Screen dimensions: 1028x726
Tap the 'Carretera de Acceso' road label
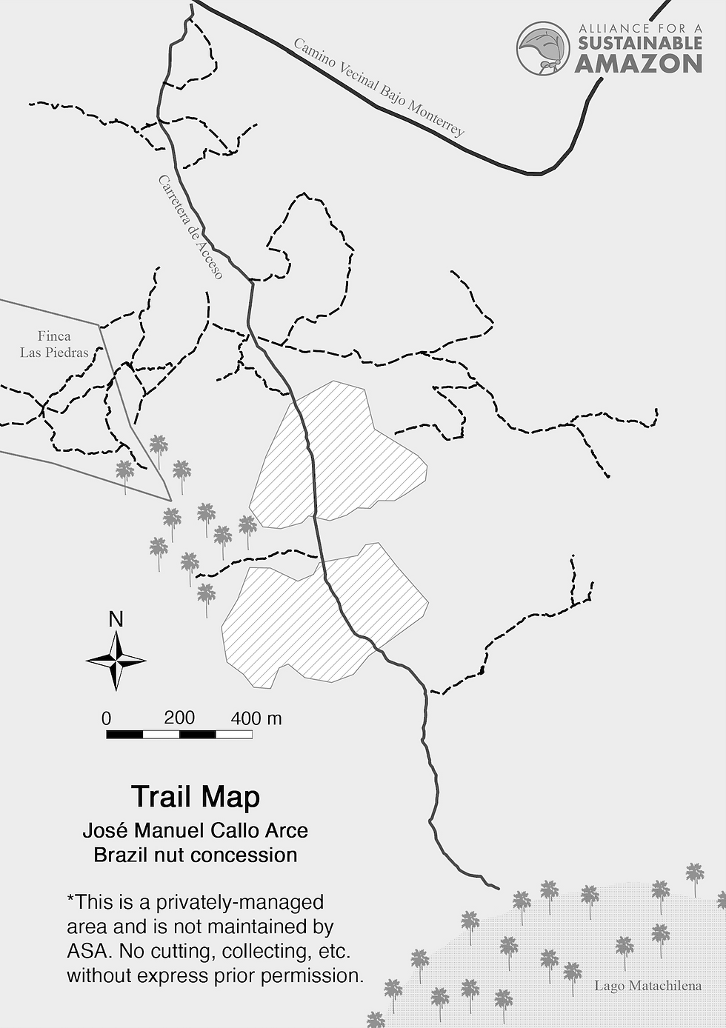coord(190,227)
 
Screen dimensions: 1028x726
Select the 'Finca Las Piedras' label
coord(54,344)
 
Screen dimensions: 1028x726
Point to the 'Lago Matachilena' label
coord(647,986)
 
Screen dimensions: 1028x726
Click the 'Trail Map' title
coord(196,797)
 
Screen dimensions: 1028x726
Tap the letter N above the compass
coord(116,619)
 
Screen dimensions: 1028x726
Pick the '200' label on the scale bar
coord(179,717)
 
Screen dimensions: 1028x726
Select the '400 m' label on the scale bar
coord(256,718)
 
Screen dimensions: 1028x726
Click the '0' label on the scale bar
coord(107,718)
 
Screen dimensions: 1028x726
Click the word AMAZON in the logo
coord(639,64)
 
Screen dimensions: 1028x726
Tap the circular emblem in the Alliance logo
coord(543,48)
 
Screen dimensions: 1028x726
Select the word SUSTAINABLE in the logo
coord(640,43)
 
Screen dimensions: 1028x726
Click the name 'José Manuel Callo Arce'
coord(195,830)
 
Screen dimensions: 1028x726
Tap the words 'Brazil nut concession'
coord(195,855)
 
